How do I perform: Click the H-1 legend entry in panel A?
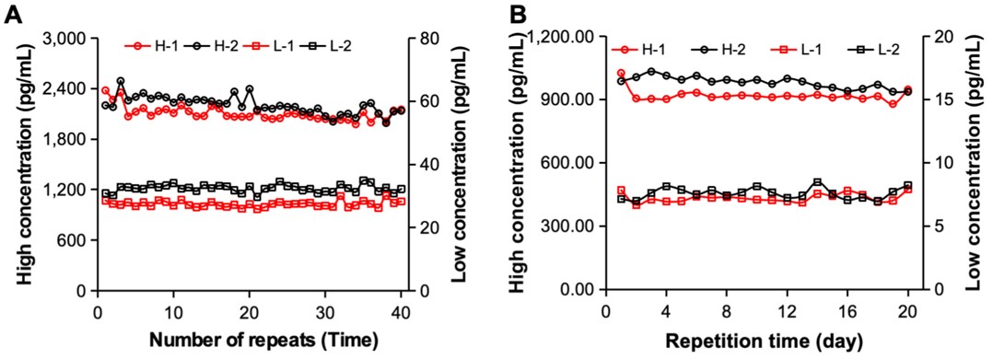149,45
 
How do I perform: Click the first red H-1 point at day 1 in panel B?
621,74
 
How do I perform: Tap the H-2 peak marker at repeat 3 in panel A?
121,81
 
